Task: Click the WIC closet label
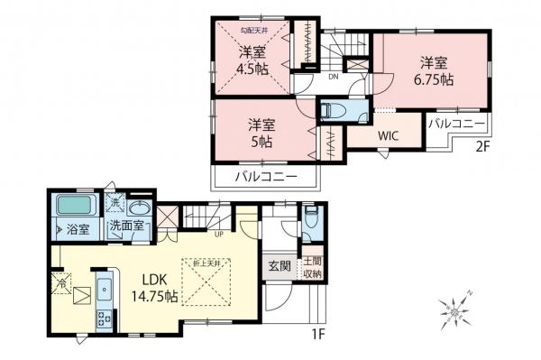[x=389, y=136]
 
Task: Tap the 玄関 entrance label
[x=277, y=266]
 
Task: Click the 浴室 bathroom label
[x=78, y=230]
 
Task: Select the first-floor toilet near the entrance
[x=309, y=217]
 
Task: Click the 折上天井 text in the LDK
[x=206, y=263]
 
